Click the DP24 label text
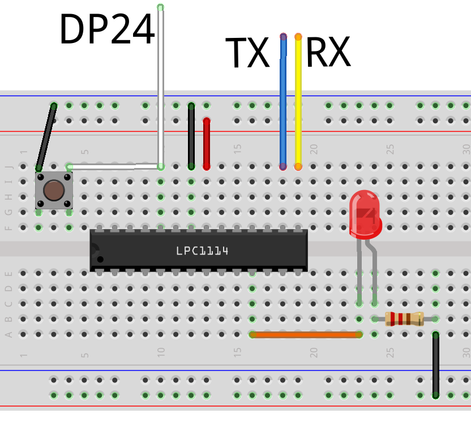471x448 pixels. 106,30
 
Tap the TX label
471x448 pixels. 247,53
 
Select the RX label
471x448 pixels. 328,53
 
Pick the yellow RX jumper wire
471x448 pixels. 298,102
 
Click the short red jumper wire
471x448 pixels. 207,144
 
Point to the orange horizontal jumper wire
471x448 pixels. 306,334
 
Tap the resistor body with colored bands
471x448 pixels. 404,319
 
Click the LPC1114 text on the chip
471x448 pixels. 202,251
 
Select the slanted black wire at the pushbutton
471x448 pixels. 46,137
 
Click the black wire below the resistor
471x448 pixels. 435,365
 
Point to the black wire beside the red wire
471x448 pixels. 191,136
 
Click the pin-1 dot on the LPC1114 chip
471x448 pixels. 100,259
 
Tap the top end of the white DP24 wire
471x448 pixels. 161,8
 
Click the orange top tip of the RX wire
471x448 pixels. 298,37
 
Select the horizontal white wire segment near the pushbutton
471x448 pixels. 113,167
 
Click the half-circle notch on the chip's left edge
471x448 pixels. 93,250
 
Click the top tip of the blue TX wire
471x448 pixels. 283,37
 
